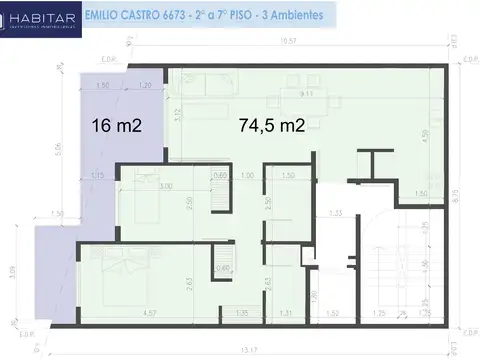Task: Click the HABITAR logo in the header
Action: [x=37, y=17]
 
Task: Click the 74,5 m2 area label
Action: [x=272, y=126]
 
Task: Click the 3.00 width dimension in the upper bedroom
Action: [x=165, y=186]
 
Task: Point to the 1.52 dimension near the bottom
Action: [x=332, y=315]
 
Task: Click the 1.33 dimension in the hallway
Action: [x=336, y=212]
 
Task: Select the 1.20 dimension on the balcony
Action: [x=145, y=86]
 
